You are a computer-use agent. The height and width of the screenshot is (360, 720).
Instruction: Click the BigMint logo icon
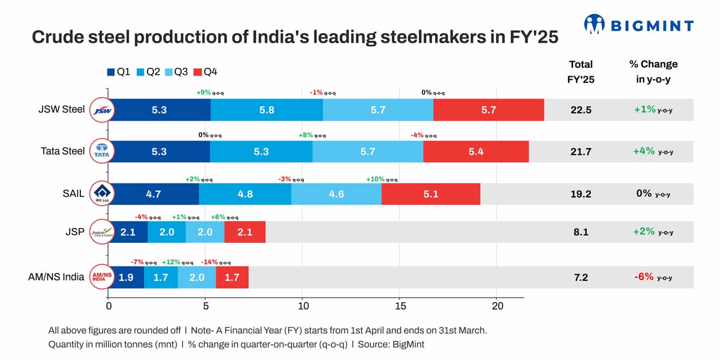[x=594, y=25]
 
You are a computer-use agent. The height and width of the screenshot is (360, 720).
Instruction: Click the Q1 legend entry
[x=119, y=72]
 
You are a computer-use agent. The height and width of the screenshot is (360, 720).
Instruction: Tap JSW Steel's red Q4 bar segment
[x=488, y=110]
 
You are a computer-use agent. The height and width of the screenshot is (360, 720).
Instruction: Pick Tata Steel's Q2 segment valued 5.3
[x=261, y=151]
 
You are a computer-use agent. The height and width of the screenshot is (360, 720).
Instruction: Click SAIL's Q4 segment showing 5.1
[x=430, y=194]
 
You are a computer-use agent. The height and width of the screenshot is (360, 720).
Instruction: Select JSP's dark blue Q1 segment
[x=127, y=232]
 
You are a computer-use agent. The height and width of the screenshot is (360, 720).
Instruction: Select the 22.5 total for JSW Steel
[x=581, y=110]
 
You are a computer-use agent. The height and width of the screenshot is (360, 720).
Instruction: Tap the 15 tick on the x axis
[x=400, y=307]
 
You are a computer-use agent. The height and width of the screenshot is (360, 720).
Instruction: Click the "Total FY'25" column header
[x=581, y=72]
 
